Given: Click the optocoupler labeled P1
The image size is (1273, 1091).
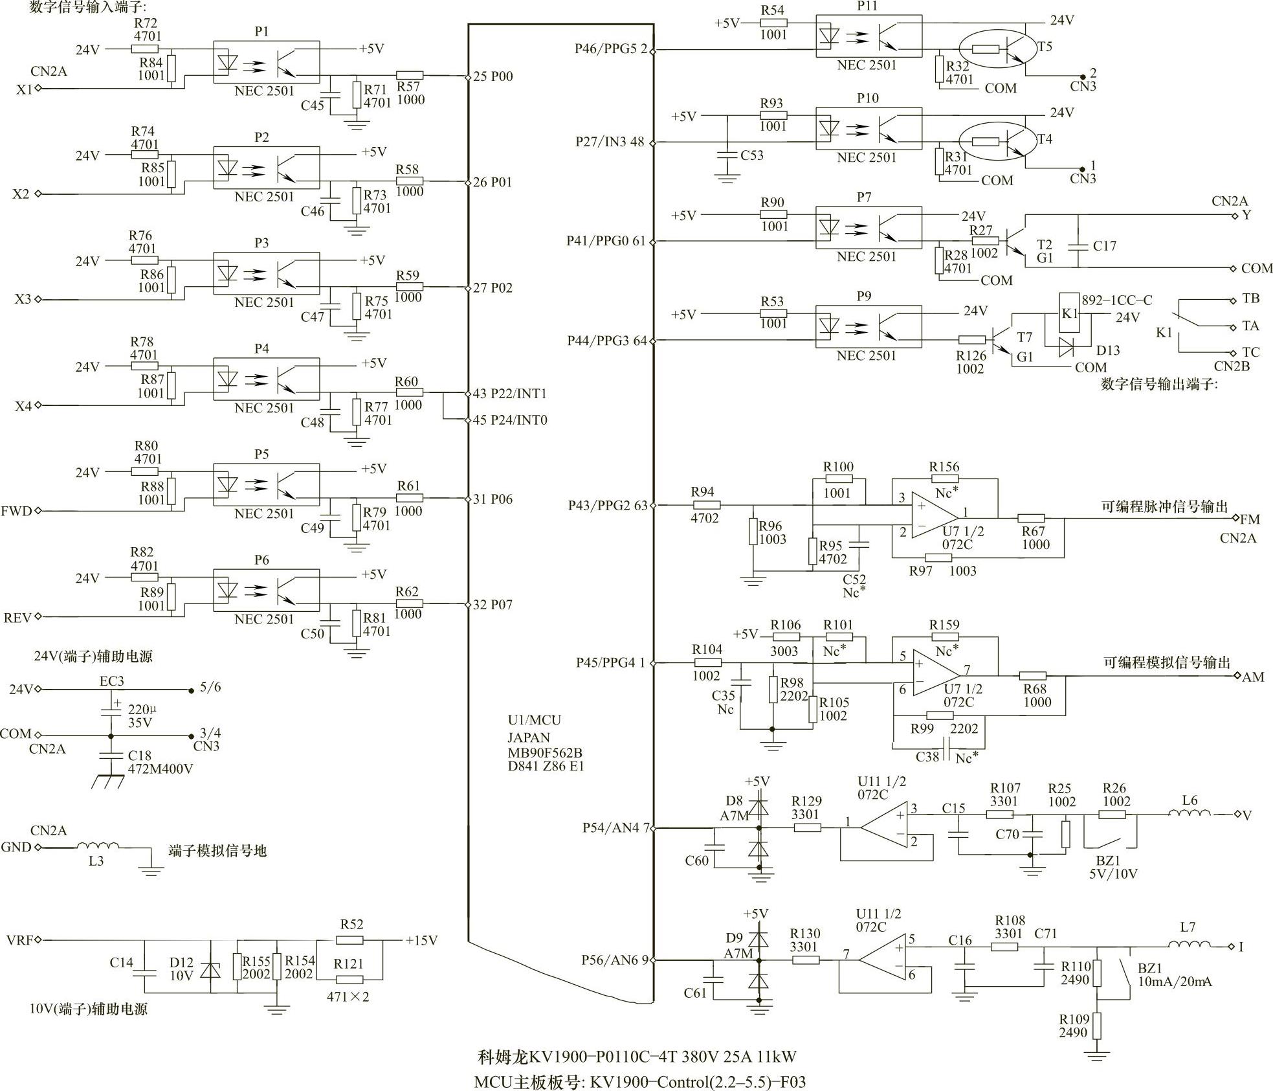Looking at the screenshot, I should coord(266,62).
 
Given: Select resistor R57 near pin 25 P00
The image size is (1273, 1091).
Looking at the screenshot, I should coord(409,76).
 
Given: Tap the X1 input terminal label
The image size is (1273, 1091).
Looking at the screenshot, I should coord(24,89).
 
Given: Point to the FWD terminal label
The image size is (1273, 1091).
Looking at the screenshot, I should coord(16,511).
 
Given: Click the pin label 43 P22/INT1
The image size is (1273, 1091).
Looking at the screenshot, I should coord(509,394).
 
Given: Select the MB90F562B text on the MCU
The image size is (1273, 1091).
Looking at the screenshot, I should coord(544,753).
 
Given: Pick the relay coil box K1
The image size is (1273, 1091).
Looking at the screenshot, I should coord(1069,313).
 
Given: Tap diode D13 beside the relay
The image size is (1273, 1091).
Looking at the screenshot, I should coord(1067,348).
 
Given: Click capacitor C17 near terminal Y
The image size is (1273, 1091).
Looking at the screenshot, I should coord(1078,246).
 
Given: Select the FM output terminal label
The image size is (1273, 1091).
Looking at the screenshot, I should coord(1250,519).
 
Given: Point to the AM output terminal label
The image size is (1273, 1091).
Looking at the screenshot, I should coord(1253,677).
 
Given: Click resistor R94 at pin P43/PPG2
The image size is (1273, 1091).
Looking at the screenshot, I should coord(706,506).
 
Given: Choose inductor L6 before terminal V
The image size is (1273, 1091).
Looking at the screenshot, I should coord(1190,814).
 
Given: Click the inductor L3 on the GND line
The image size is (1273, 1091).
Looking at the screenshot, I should coord(98,846).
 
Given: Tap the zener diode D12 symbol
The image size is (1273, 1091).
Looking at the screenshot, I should coord(210,969).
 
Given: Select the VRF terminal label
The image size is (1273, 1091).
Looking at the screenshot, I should coord(19,939).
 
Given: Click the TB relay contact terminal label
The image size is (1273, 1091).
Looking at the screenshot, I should coord(1250,299).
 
